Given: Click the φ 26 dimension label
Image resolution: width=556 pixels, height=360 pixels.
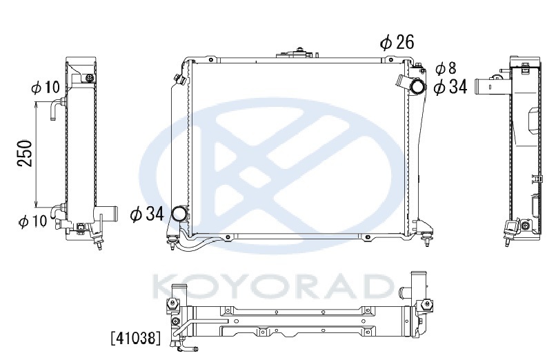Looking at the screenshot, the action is pyautogui.click(x=397, y=42).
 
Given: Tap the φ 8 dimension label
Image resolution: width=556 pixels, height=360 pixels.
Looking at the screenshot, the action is pyautogui.click(x=446, y=69).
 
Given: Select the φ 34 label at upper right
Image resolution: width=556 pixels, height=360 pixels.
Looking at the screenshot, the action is pyautogui.click(x=450, y=87).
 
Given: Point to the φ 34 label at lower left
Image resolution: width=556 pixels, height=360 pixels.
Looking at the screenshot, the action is pyautogui.click(x=147, y=214).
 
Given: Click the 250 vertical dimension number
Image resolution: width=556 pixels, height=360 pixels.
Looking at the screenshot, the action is pyautogui.click(x=26, y=153).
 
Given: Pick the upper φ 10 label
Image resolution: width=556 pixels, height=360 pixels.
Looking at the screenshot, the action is pyautogui.click(x=46, y=87).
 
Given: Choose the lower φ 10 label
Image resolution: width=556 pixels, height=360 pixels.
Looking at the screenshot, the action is pyautogui.click(x=32, y=221).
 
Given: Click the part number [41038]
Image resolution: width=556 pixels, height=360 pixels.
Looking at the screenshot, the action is pyautogui.click(x=135, y=338).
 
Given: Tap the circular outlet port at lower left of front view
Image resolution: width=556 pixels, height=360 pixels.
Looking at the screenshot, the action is pyautogui.click(x=179, y=214).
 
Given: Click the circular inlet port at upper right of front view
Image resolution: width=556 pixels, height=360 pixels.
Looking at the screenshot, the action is pyautogui.click(x=417, y=86).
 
